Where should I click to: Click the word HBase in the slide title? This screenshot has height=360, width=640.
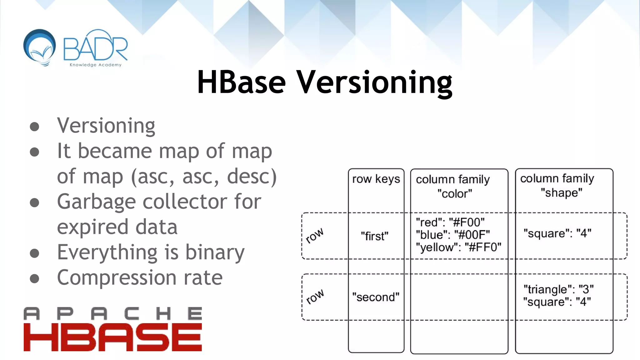pos(241,82)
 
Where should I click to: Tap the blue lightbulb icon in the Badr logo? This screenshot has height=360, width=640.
pos(40,47)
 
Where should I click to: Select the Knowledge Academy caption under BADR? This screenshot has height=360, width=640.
pos(95,65)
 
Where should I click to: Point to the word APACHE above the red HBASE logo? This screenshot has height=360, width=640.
pos(112,314)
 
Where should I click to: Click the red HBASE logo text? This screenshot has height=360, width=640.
pos(112,337)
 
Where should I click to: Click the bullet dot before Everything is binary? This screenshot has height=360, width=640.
pos(34,253)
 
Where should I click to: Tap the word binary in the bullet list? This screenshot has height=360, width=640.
pos(215,252)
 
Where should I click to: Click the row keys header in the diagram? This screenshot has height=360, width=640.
pos(376,179)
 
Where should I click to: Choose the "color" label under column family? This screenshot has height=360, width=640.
pos(455,194)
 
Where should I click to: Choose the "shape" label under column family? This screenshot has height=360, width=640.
pos(562,193)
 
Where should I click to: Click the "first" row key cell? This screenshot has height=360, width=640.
pos(374,236)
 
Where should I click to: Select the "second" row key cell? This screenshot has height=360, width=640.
pos(376,297)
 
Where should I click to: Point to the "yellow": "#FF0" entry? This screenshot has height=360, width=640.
pos(458,247)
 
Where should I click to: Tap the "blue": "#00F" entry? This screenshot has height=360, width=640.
pos(453,235)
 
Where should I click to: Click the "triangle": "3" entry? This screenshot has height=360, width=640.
pos(558,289)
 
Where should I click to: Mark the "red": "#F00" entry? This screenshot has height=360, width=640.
pos(450,222)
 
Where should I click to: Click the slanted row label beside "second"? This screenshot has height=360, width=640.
pos(315,297)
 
